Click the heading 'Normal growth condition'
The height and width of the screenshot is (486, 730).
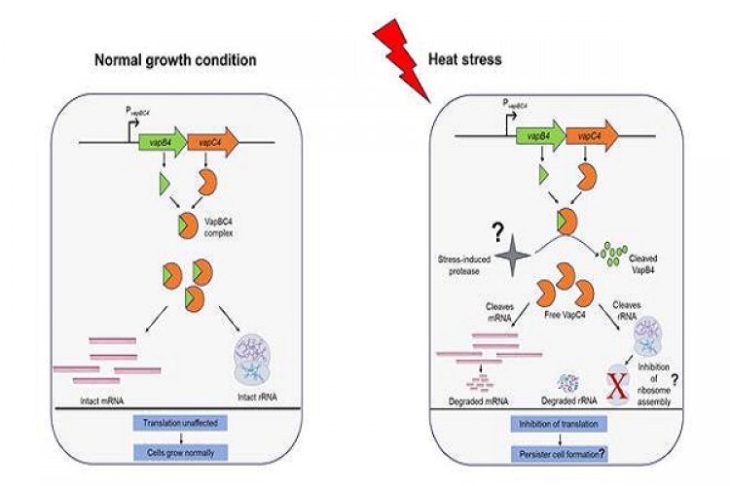pyautogui.click(x=175, y=59)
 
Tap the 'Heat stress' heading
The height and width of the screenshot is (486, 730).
pyautogui.click(x=465, y=59)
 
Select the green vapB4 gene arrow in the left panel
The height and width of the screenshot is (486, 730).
pyautogui.click(x=167, y=140)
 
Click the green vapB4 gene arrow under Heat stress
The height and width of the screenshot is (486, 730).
pyautogui.click(x=536, y=135)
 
